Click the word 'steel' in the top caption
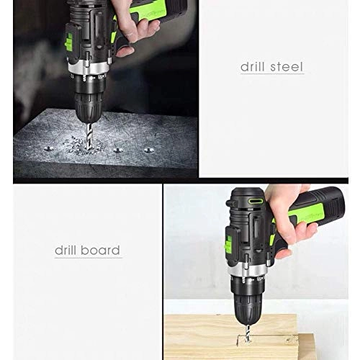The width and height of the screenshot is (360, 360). pyautogui.click(x=287, y=66)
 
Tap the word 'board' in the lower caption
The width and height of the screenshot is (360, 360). pyautogui.click(x=102, y=251)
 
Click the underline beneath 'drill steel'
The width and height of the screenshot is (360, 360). pyautogui.click(x=271, y=73)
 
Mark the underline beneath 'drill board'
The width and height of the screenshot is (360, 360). pyautogui.click(x=88, y=258)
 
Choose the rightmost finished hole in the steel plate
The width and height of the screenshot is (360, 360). pyautogui.click(x=149, y=150)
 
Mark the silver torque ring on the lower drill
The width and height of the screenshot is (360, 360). pyautogui.click(x=246, y=271)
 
